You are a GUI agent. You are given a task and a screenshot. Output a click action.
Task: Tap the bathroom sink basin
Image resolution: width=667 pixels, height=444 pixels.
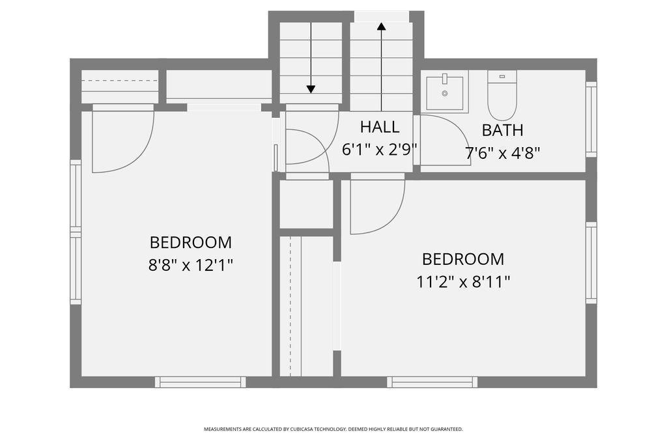pyautogui.click(x=444, y=92)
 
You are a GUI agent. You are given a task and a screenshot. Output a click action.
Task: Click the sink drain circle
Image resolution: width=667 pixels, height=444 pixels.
pyautogui.click(x=444, y=93)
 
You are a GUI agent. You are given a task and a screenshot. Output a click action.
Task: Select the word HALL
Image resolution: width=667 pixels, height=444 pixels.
pyautogui.click(x=380, y=127)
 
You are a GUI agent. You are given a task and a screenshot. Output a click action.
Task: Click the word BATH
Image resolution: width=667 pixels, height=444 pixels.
pyautogui.click(x=502, y=130)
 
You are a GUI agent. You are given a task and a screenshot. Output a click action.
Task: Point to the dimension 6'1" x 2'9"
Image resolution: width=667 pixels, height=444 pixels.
pyautogui.click(x=380, y=149)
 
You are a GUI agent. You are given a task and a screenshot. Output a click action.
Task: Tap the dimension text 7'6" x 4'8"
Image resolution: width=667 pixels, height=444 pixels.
pyautogui.click(x=502, y=153)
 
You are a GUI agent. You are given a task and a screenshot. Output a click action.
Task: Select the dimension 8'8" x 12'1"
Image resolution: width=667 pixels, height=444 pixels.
pyautogui.click(x=191, y=266)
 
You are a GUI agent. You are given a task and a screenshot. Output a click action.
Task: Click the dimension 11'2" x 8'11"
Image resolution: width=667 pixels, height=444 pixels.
pyautogui.click(x=463, y=281)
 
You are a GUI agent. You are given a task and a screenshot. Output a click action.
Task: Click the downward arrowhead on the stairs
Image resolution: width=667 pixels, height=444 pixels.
pyautogui.click(x=311, y=89)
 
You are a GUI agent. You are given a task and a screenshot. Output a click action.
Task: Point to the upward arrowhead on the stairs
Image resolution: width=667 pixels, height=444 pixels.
pyautogui.click(x=381, y=27)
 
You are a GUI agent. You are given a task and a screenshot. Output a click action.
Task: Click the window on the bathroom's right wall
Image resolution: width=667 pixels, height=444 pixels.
pyautogui.click(x=591, y=119)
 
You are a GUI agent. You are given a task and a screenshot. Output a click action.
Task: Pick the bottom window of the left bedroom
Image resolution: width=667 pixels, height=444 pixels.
pyautogui.click(x=201, y=382)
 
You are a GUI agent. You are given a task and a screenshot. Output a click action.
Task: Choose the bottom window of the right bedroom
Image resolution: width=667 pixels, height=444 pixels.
pyautogui.click(x=433, y=382)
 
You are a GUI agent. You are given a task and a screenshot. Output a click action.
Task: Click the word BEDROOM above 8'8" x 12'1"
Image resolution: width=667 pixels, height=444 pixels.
pyautogui.click(x=191, y=242)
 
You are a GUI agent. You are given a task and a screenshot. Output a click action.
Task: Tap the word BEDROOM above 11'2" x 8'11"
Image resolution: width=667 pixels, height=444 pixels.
pyautogui.click(x=463, y=259)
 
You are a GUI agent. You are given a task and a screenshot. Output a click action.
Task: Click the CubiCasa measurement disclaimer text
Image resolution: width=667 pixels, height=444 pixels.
pyautogui.click(x=333, y=429)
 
